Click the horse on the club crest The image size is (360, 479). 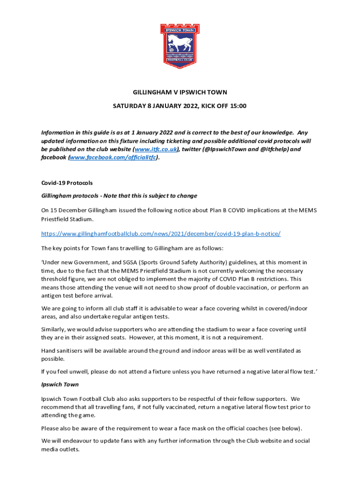coord(180,42)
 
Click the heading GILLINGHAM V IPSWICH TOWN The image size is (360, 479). coord(180,92)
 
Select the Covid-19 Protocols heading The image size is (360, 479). coord(64,183)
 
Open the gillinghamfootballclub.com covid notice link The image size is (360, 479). coord(161,233)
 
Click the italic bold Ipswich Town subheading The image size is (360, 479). coord(60,385)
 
